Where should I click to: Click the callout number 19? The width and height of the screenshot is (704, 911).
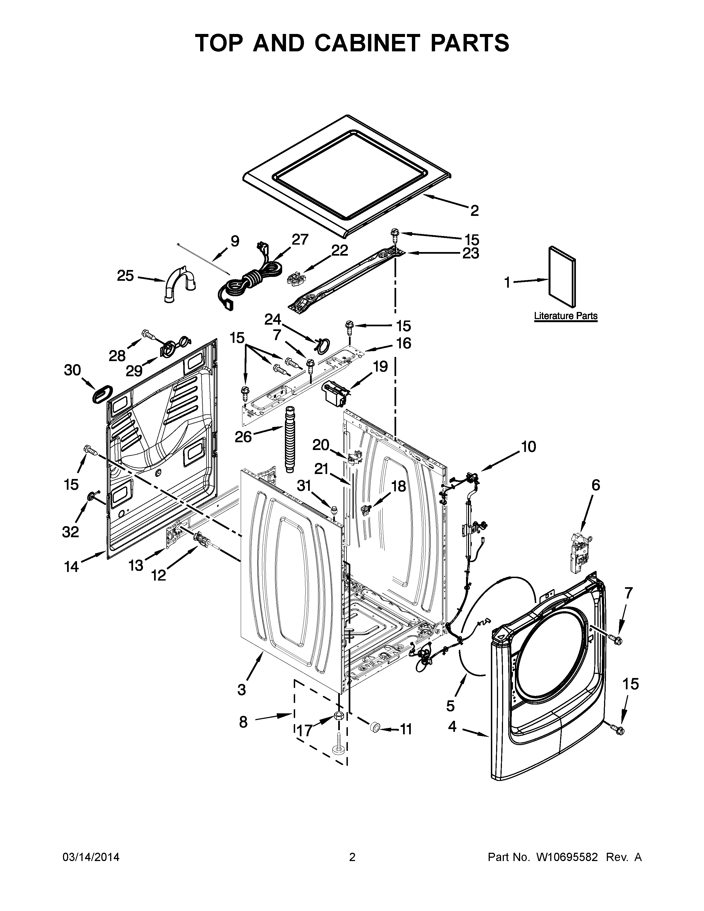point(380,366)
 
